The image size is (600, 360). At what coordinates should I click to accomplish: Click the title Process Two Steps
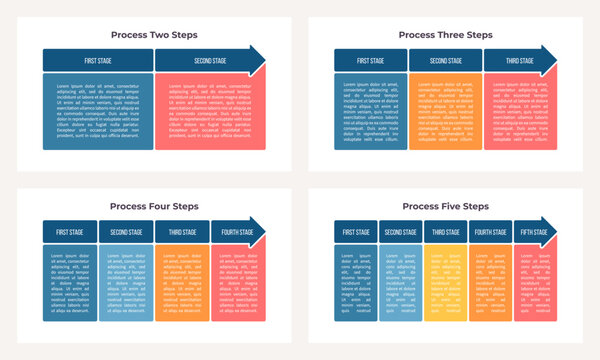click(x=154, y=34)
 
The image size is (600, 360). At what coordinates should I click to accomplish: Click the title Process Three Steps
click(x=445, y=34)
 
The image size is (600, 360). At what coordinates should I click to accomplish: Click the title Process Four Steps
click(x=154, y=206)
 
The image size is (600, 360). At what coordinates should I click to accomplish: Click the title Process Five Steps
click(x=445, y=206)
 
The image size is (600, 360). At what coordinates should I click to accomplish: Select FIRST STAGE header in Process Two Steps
click(x=97, y=60)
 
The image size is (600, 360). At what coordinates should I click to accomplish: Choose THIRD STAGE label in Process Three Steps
click(x=519, y=60)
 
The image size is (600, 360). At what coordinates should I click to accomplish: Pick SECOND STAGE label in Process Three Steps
click(x=445, y=60)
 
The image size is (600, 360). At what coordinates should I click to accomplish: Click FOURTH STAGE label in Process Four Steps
click(x=237, y=232)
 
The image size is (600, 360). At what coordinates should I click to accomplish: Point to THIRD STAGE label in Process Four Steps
click(x=182, y=232)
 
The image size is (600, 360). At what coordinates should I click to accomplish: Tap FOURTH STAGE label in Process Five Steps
click(x=490, y=232)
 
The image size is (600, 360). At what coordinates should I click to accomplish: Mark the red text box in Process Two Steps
click(x=209, y=111)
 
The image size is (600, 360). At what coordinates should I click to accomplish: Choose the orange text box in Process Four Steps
click(x=182, y=284)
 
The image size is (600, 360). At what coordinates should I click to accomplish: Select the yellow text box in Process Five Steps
click(x=446, y=284)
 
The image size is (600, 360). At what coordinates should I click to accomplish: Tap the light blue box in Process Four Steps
click(x=126, y=284)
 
